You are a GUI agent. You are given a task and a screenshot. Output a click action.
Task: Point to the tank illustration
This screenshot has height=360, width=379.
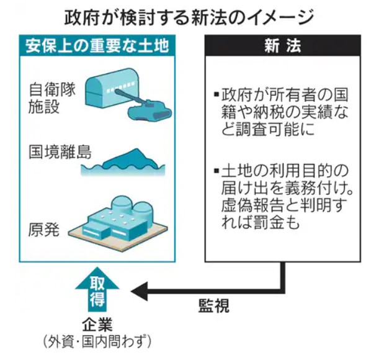pos(149,109)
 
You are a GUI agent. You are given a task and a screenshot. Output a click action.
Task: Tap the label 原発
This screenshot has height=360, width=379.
pos(44,230)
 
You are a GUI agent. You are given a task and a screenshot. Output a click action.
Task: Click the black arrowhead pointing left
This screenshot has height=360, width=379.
pos(138,289)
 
